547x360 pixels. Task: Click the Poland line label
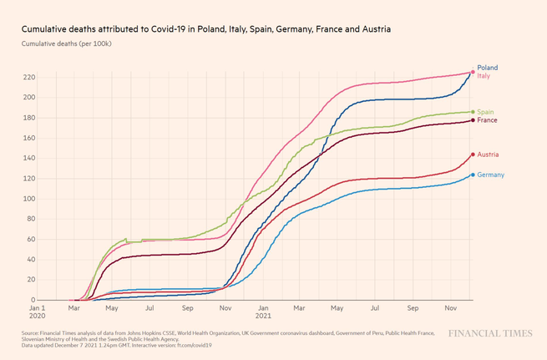487,68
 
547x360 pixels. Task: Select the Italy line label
484,76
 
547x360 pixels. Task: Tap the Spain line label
485,112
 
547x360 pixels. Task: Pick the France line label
487,120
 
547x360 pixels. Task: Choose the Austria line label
488,155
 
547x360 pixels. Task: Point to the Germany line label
490,175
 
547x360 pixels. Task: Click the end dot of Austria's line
473,155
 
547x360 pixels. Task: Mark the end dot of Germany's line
473,175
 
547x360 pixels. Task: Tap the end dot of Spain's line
473,112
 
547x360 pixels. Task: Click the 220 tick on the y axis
28,78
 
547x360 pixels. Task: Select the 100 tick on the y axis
28,199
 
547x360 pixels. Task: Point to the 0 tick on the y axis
33,300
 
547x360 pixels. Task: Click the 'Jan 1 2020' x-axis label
36,312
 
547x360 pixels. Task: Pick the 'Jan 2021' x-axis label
263,312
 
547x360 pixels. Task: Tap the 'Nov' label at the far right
451,307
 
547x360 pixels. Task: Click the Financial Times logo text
489,334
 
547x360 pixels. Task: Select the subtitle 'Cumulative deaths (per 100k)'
67,43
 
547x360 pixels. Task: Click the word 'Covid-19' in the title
168,29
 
